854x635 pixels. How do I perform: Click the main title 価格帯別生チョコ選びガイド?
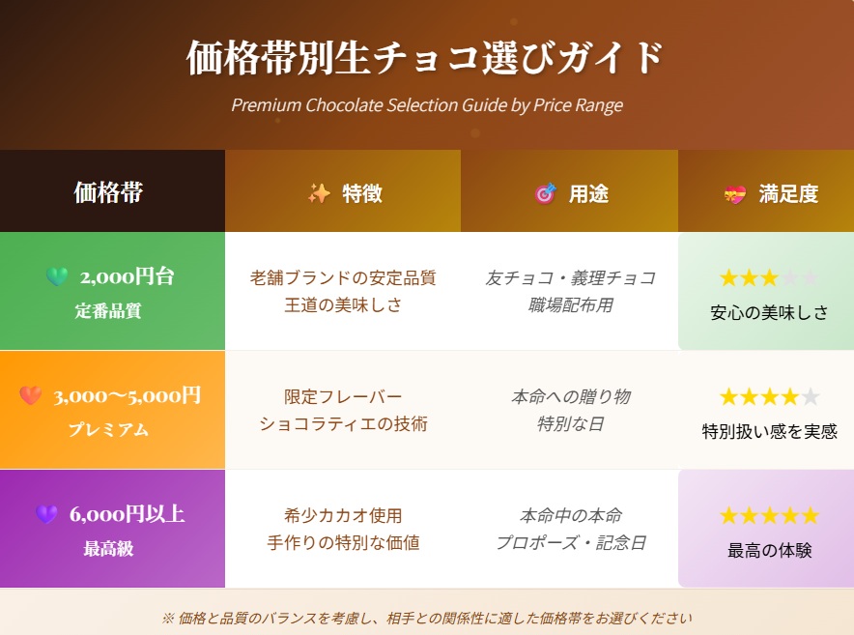point(424,57)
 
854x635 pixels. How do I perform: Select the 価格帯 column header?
point(108,192)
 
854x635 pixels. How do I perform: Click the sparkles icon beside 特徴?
point(319,193)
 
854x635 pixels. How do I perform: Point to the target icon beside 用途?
point(545,193)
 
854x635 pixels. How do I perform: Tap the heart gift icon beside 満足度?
point(735,194)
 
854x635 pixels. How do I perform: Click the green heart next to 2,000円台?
point(57,276)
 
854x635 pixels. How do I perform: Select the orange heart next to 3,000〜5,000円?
point(31,395)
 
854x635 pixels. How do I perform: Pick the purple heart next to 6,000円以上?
point(46,514)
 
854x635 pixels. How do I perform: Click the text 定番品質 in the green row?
point(108,310)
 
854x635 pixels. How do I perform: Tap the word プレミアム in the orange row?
point(108,429)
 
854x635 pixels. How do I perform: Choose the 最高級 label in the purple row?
point(108,548)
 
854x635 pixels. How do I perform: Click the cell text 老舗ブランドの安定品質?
point(343,278)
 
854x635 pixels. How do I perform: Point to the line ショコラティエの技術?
point(343,423)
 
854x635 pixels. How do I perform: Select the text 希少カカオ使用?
point(343,515)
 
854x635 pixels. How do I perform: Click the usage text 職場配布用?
point(570,305)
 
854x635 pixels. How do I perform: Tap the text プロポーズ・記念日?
point(570,543)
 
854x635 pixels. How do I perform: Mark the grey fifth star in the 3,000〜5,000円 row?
point(810,397)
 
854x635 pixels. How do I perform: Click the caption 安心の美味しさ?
point(769,312)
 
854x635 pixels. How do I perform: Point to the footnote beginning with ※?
point(427,619)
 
